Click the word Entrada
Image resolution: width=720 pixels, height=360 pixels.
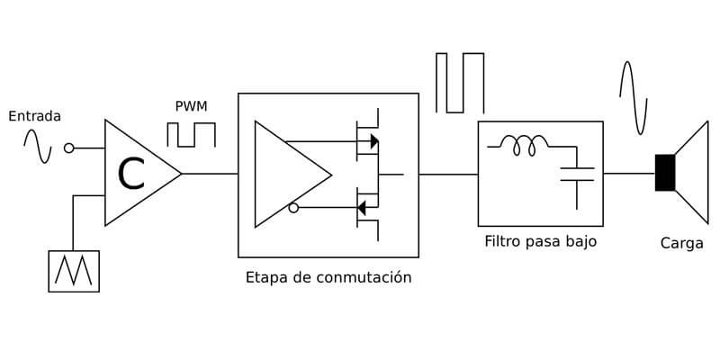[34, 116]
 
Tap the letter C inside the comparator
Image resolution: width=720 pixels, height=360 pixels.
[131, 174]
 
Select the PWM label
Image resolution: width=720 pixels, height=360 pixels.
[191, 107]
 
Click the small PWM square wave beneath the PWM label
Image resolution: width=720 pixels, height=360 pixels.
[192, 135]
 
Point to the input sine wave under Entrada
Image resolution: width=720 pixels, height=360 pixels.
[37, 147]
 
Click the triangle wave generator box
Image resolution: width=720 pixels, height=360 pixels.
[74, 271]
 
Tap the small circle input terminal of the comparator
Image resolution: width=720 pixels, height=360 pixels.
[68, 148]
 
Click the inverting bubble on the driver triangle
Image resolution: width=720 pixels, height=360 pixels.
[293, 208]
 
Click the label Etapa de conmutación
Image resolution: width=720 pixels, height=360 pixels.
[328, 277]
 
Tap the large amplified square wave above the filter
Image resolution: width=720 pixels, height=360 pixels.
[460, 83]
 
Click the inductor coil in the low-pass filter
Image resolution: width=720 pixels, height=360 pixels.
[524, 145]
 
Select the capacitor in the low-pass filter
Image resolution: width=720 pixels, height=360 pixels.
[577, 174]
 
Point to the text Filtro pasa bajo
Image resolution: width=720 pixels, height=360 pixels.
[540, 241]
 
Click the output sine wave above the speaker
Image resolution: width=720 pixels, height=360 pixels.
[634, 97]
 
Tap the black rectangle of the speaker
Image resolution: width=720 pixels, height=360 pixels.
[665, 173]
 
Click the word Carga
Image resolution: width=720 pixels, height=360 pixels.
[681, 243]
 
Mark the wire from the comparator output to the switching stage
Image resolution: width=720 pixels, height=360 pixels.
[210, 174]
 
